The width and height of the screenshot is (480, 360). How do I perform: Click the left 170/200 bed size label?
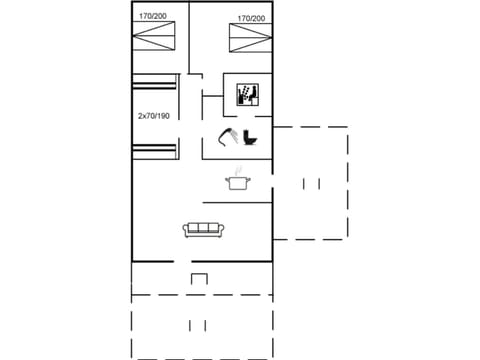154,17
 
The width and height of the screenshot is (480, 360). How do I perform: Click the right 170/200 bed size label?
252,18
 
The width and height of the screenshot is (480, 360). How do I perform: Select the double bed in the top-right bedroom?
252,41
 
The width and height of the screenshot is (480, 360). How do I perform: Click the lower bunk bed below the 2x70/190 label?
155,150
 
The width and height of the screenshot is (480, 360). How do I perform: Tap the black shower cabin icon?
247,94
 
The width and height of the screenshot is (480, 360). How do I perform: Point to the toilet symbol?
251,137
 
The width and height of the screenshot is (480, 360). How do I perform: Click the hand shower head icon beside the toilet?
228,136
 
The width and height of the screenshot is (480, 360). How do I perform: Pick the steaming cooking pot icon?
238,181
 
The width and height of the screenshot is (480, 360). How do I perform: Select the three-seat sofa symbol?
203,230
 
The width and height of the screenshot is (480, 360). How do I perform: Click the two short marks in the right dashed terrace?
311,183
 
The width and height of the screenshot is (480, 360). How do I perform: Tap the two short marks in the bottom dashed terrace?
198,325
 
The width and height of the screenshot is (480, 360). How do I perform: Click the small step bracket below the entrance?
200,278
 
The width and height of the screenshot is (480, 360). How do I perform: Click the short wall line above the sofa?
237,203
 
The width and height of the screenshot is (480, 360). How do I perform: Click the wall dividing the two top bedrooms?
189,40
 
